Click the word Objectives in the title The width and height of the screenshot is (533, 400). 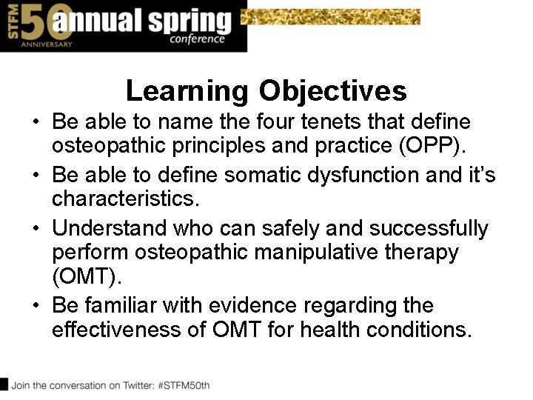click(x=332, y=91)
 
